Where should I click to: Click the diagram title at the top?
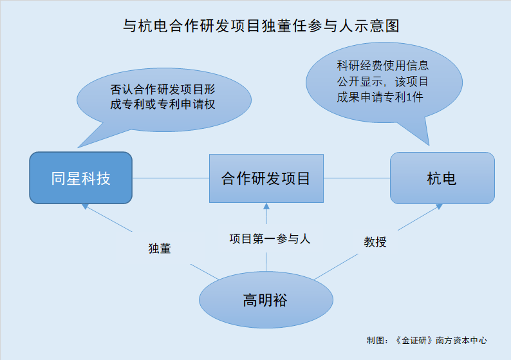click(261, 26)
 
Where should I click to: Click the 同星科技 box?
click(81, 178)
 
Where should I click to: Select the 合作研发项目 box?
click(266, 178)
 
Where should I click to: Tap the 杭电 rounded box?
click(442, 178)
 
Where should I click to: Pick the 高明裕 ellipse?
click(266, 299)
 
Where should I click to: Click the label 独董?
click(160, 249)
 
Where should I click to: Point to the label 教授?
click(375, 242)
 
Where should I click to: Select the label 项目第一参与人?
click(270, 239)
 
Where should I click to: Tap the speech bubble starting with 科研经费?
click(384, 83)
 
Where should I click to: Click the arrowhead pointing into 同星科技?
click(85, 207)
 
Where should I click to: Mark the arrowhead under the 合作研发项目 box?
click(266, 206)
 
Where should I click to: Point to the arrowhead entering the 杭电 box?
click(439, 207)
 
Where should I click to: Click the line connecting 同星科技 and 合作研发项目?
click(171, 178)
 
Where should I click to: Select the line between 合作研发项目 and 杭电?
click(357, 178)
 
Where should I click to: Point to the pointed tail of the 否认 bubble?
click(78, 147)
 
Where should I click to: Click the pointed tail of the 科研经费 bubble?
click(429, 145)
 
